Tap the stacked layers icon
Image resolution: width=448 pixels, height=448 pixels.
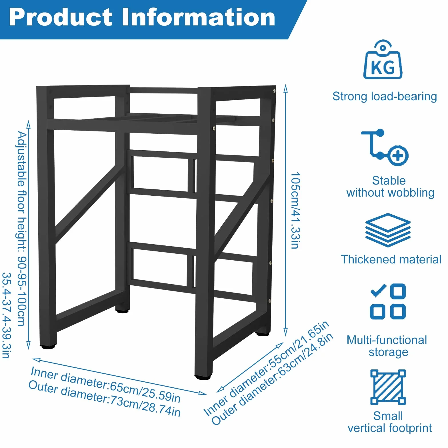(388, 230)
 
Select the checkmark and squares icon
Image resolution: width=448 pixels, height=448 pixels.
(388, 301)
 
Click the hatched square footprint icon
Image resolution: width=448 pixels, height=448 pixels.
(388, 387)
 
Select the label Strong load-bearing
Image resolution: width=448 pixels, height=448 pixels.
(385, 97)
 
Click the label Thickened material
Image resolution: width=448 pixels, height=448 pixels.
(391, 259)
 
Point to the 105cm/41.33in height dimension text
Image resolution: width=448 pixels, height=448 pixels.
(296, 211)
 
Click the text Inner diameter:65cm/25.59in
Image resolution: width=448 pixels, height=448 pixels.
(106, 384)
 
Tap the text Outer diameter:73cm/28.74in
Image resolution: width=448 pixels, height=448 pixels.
(105, 399)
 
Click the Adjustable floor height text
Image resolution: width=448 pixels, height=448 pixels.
(22, 229)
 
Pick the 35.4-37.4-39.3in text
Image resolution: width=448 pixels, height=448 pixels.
(7, 315)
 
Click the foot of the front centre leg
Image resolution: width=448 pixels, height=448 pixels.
(203, 377)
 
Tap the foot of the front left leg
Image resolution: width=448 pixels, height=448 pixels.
(47, 347)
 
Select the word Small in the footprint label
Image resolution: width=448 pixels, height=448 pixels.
(388, 416)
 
